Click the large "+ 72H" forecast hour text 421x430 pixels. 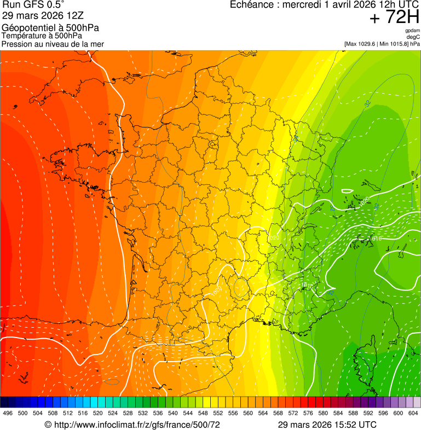tap(394, 18)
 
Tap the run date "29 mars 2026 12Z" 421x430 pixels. tap(43, 16)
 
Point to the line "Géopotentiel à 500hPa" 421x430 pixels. tap(50, 28)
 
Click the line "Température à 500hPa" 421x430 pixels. tap(45, 36)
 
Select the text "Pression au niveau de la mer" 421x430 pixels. tap(53, 44)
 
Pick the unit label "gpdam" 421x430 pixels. tap(412, 31)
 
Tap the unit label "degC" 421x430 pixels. tap(413, 37)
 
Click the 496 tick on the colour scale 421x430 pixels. tap(8, 413)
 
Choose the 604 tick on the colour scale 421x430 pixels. tap(413, 413)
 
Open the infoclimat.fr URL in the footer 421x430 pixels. tap(136, 425)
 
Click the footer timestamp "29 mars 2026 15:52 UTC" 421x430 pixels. tap(327, 425)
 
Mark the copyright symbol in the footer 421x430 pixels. tap(48, 425)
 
